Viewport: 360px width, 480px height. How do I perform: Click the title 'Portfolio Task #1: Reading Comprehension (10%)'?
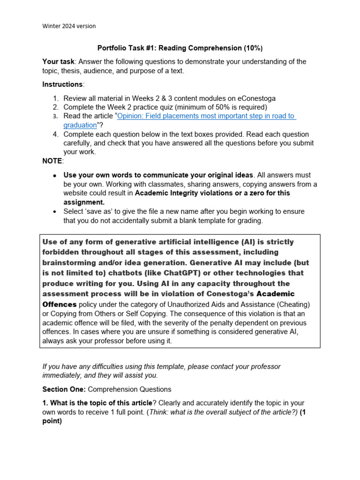click(x=180, y=48)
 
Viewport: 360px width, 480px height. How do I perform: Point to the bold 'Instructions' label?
click(x=62, y=84)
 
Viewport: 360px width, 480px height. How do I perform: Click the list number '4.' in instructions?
click(x=56, y=134)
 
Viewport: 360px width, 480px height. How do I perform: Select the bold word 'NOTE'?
click(x=52, y=161)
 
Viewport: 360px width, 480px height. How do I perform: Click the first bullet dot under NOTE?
click(x=55, y=175)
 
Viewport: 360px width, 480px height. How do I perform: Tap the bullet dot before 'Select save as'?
click(x=55, y=211)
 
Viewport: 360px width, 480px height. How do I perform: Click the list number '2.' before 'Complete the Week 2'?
click(x=56, y=107)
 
